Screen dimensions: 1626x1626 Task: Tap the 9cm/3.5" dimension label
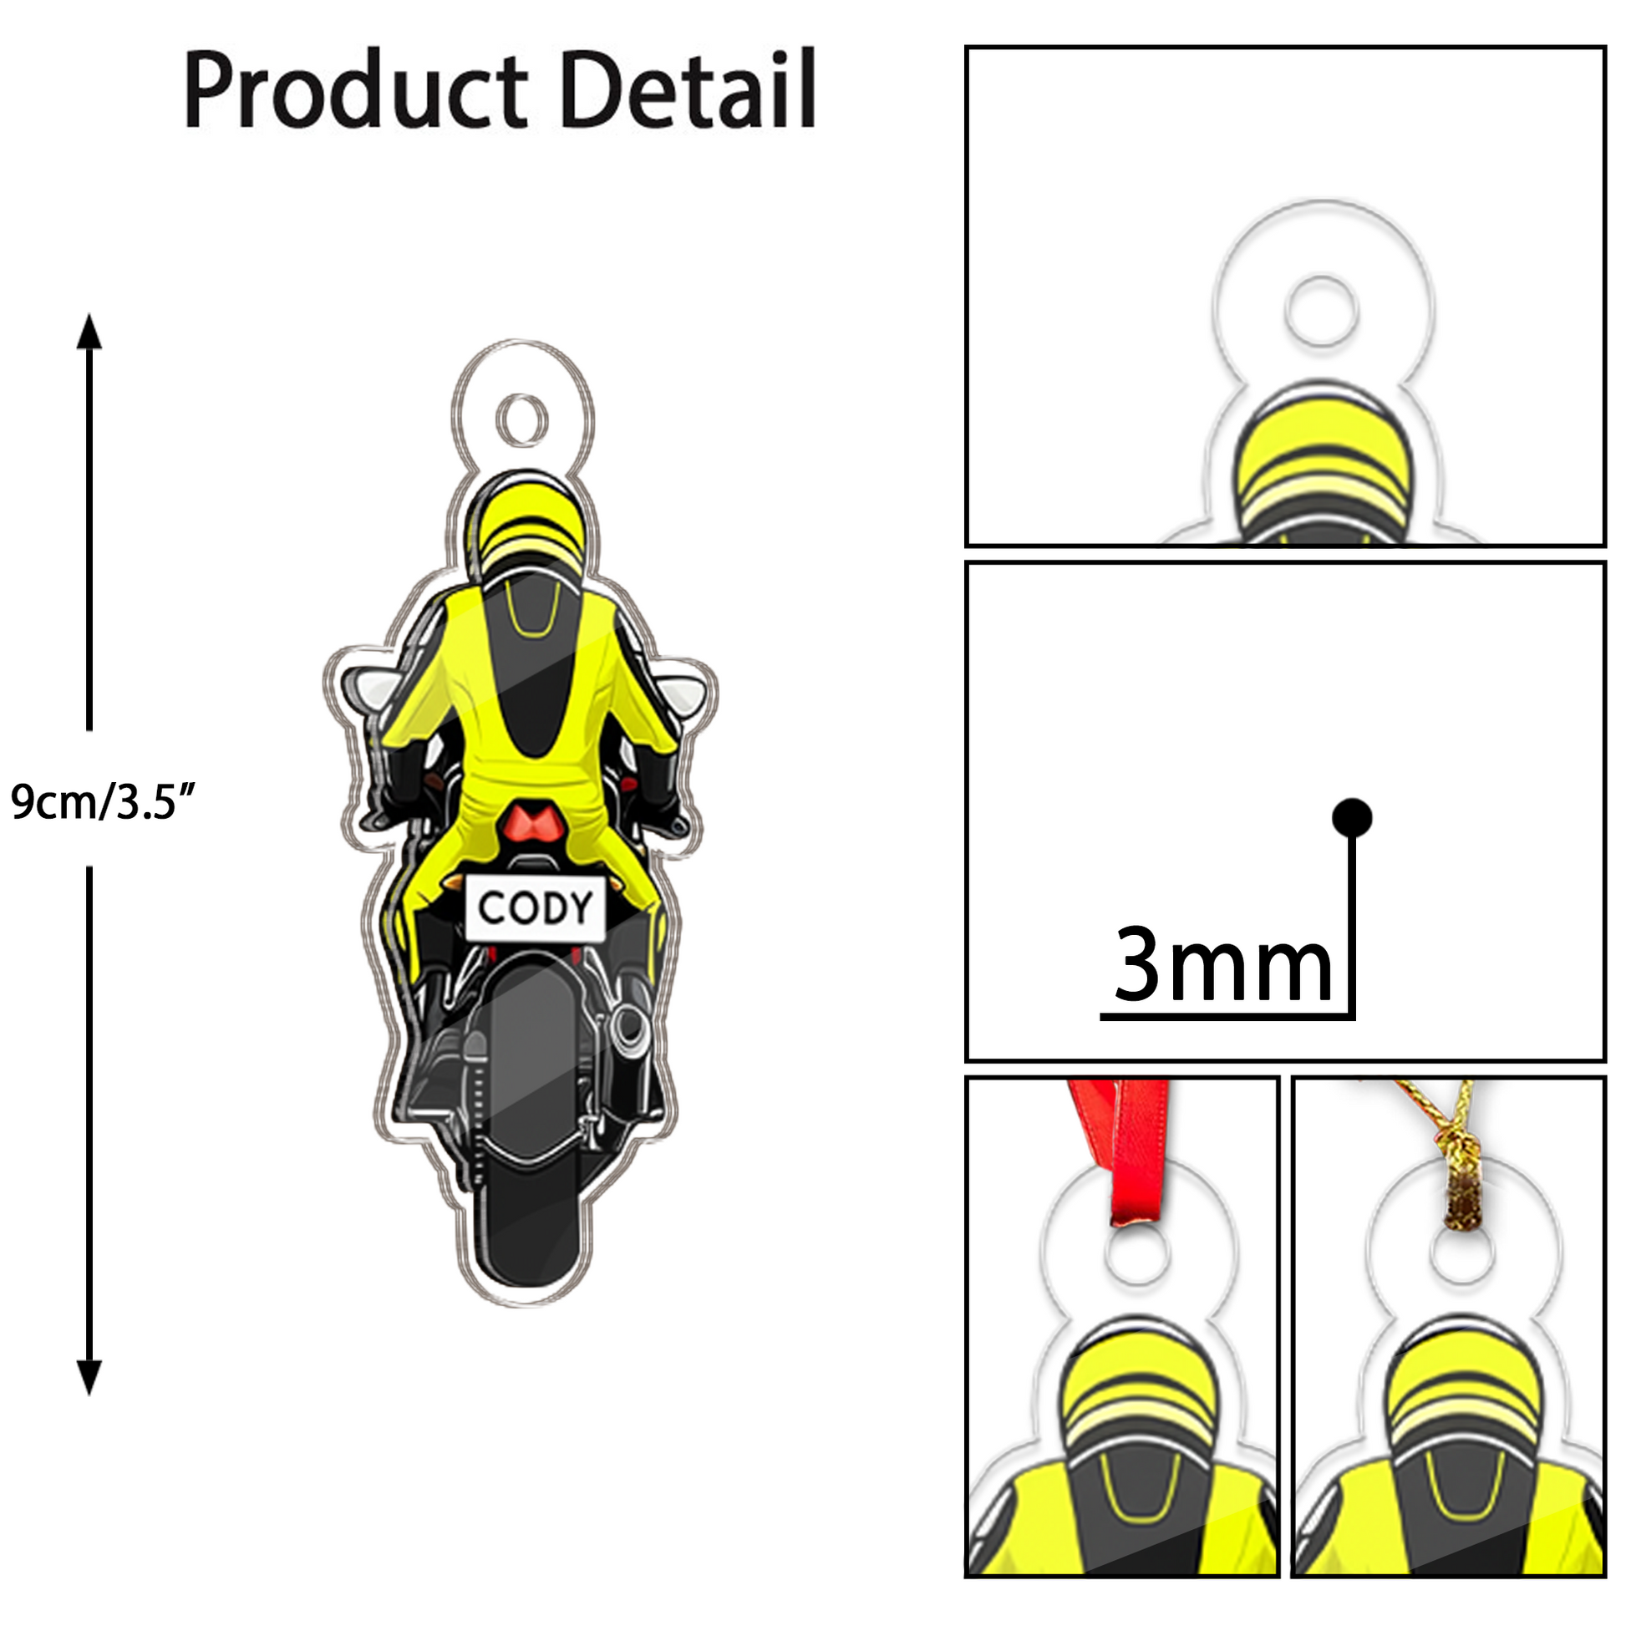point(103,801)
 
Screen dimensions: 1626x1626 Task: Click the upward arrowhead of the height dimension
point(89,333)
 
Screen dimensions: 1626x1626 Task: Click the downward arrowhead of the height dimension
point(89,1377)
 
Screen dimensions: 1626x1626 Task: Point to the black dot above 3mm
point(1353,817)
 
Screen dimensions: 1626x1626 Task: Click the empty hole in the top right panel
point(1321,310)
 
